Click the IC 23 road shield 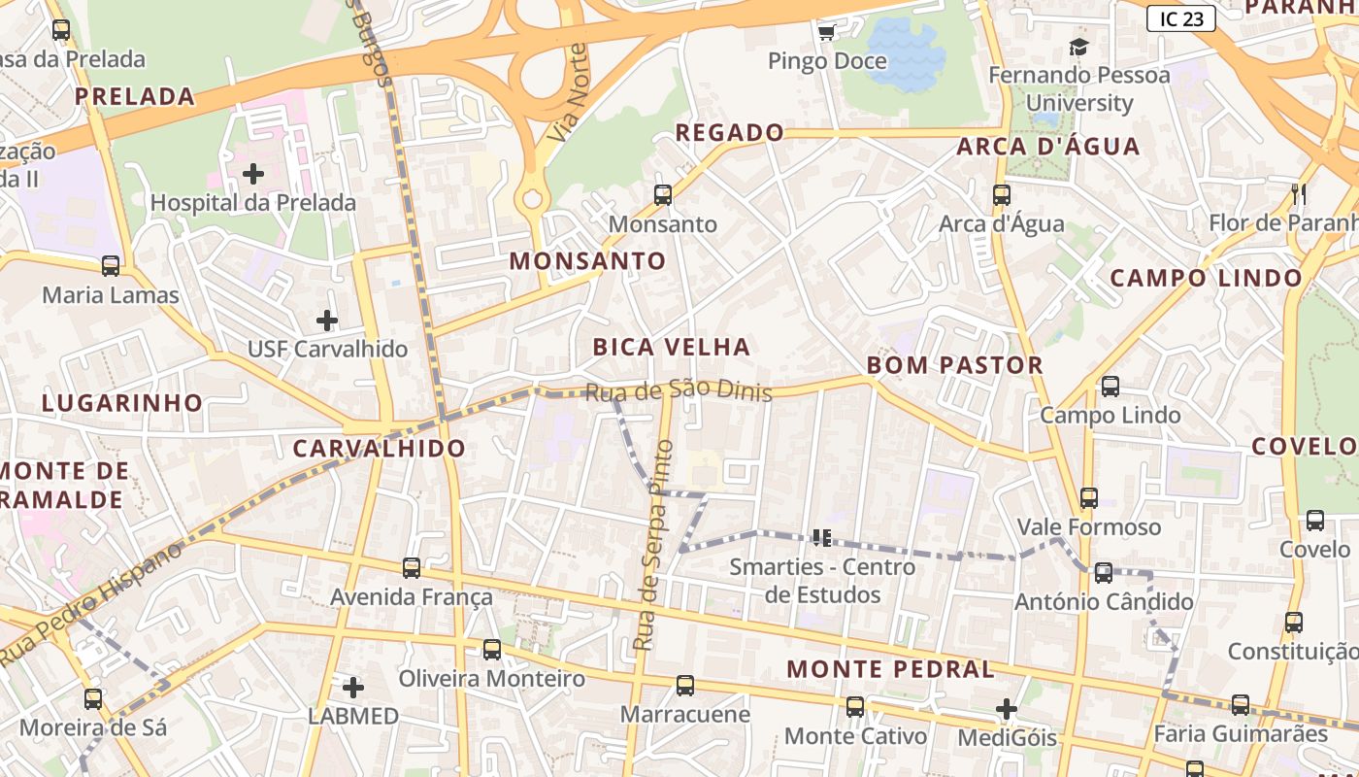(x=1180, y=18)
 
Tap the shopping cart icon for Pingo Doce (x=826, y=33)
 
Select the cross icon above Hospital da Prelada (x=253, y=174)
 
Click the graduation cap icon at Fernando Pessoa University (x=1078, y=47)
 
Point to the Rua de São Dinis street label (x=679, y=390)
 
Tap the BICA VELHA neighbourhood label (x=672, y=347)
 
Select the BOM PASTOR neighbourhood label (x=954, y=365)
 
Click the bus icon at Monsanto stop (x=663, y=195)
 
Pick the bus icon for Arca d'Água (x=1002, y=195)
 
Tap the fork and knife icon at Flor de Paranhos (x=1299, y=194)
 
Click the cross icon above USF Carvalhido (x=327, y=320)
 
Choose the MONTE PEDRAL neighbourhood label (x=890, y=669)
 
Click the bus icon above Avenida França (x=412, y=567)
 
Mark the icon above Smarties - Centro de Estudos (x=822, y=537)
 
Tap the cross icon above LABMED (x=353, y=688)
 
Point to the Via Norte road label (x=568, y=93)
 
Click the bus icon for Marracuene (x=685, y=686)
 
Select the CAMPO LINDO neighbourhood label (x=1206, y=278)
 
